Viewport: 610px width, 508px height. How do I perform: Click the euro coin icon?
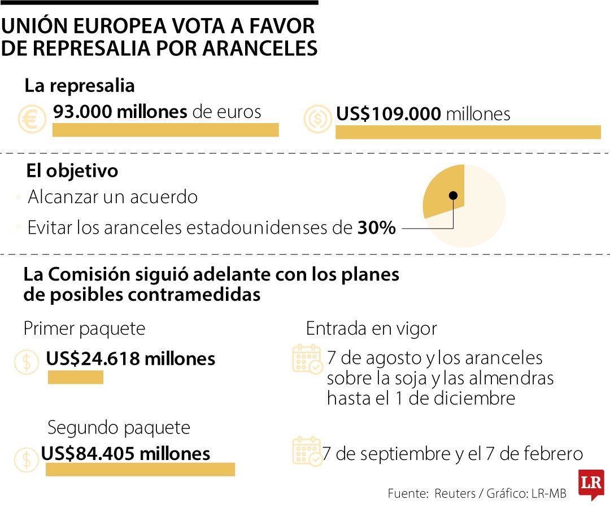click(32, 119)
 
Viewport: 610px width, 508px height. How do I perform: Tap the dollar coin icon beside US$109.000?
click(317, 119)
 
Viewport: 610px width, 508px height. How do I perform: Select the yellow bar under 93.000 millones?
click(165, 130)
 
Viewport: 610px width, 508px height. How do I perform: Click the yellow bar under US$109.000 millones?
click(468, 132)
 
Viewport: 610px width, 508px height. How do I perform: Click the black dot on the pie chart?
click(453, 196)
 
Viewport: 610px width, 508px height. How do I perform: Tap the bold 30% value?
click(377, 229)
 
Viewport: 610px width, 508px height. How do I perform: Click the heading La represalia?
click(80, 86)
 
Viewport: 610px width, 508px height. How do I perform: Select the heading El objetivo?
click(72, 170)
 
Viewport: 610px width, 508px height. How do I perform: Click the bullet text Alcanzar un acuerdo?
click(113, 198)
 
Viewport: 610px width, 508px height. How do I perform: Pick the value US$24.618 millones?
click(130, 358)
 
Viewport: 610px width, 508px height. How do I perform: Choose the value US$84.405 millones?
click(125, 453)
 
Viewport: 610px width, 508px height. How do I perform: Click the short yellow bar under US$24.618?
click(76, 377)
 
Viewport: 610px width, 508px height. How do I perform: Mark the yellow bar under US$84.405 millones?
click(140, 470)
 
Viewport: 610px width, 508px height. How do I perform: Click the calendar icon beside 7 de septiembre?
click(307, 451)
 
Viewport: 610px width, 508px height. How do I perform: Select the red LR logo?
click(591, 484)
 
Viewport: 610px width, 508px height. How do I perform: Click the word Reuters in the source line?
click(455, 493)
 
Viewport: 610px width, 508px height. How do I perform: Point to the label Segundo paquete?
click(119, 427)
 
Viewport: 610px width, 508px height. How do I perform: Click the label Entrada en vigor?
click(371, 329)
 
